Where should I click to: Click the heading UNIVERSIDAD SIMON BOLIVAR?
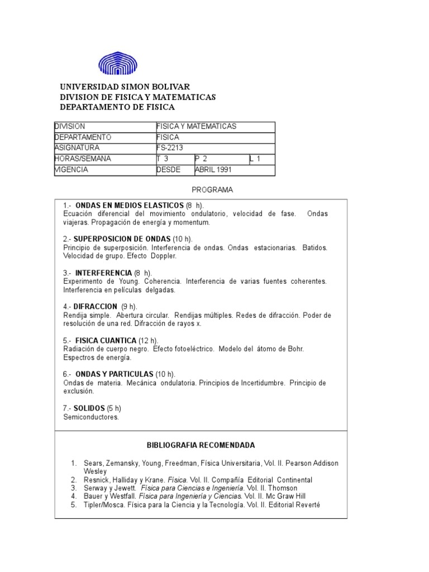pyautogui.click(x=125, y=87)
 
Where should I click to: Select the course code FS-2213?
pyautogui.click(x=168, y=148)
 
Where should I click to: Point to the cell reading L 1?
pyautogui.click(x=255, y=159)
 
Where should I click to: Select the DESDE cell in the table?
pyautogui.click(x=168, y=169)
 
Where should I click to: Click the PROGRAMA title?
pyautogui.click(x=212, y=190)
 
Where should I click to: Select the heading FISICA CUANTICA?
pyautogui.click(x=106, y=340)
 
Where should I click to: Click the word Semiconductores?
pyautogui.click(x=91, y=417)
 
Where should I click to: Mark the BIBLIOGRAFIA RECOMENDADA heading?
pyautogui.click(x=201, y=445)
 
